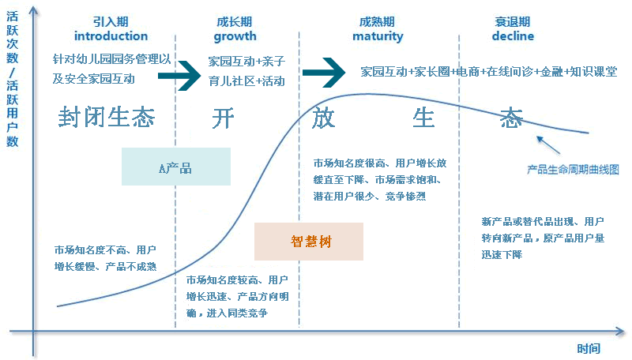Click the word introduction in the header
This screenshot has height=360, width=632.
click(111, 36)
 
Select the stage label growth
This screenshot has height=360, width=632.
click(235, 36)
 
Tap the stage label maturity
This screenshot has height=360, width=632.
click(377, 36)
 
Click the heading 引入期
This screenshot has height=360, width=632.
click(111, 22)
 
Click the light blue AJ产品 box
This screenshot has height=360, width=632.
click(176, 167)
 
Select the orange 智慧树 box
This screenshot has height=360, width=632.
click(308, 242)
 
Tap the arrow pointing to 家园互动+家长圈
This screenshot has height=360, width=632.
click(324, 72)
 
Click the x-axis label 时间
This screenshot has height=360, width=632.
click(588, 348)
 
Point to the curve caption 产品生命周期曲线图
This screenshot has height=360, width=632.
click(573, 170)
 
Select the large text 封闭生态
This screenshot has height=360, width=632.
click(106, 118)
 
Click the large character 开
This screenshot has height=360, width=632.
click(224, 118)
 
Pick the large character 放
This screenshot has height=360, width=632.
click(324, 118)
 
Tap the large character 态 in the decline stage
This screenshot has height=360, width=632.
click(511, 118)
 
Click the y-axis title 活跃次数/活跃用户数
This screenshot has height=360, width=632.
click(12, 77)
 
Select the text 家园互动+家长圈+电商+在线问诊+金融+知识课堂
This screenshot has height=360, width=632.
click(488, 71)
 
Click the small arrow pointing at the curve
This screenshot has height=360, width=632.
click(547, 147)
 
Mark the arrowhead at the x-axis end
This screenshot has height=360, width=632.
click(621, 331)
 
